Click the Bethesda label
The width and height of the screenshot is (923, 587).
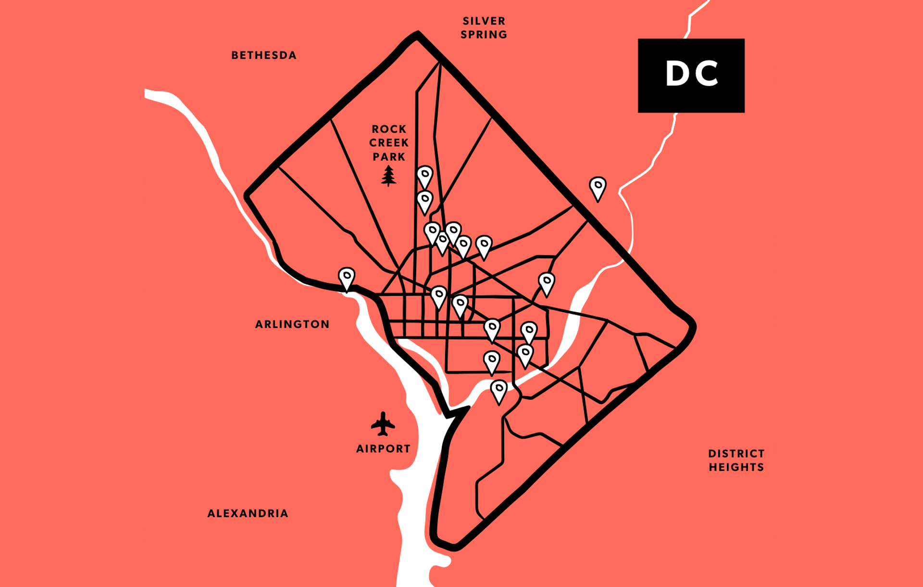pos(264,55)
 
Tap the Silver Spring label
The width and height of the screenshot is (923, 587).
pos(484,28)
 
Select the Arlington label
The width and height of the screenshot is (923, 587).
pos(292,324)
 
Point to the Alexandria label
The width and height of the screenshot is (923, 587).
pos(248,513)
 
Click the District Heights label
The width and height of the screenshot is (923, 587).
pos(736,460)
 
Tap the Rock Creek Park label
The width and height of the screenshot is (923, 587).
pos(389,143)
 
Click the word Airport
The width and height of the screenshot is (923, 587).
pos(383,449)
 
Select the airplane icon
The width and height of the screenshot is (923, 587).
pos(383,424)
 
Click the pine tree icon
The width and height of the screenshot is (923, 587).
pos(388,176)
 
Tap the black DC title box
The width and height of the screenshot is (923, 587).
pos(691,76)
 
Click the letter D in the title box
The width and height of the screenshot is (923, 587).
pos(677,74)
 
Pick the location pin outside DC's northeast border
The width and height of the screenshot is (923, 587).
pos(598,188)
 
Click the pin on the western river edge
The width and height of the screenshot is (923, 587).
pos(346,278)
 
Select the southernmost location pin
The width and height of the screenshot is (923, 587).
pos(499,390)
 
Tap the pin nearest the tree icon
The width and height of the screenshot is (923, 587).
pos(424,177)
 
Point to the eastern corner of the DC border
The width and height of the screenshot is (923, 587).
pos(693,327)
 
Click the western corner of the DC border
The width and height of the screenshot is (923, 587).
pos(247,195)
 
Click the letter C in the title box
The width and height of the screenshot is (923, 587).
pos(706,74)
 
